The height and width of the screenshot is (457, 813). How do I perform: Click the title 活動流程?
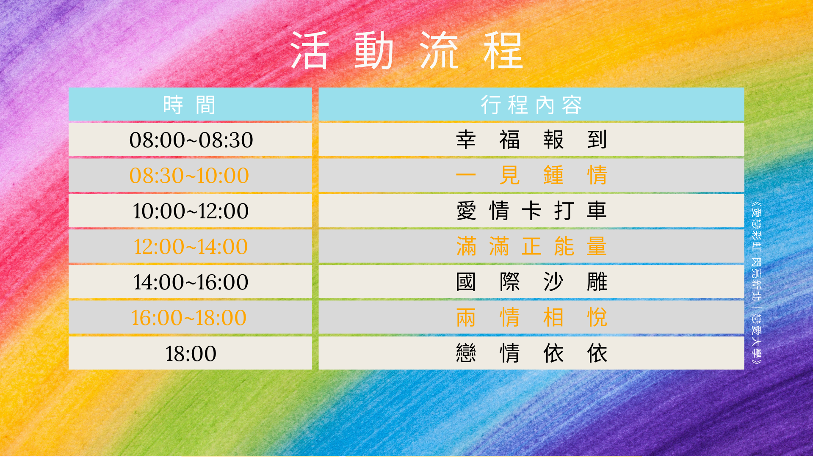407,50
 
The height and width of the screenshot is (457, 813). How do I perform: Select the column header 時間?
190,105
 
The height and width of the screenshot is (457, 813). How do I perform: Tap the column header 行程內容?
531,105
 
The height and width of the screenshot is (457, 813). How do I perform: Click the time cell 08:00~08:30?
191,140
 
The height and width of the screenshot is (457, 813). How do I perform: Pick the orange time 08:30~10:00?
189,176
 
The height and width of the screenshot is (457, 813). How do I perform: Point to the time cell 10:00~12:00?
191,211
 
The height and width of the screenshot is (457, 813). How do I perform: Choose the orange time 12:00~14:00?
191,247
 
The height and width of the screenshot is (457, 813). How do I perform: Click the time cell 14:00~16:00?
191,282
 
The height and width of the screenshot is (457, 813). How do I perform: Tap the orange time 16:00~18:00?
189,318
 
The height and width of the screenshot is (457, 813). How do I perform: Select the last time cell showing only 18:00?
191,354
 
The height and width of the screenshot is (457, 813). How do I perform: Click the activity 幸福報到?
531,140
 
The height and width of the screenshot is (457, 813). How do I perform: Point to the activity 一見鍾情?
531,175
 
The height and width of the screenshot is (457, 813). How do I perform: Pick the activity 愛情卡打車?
531,211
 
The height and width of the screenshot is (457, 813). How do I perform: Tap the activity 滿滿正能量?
531,246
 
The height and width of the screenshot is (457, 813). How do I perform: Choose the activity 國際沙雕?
531,282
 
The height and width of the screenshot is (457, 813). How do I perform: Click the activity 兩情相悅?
531,317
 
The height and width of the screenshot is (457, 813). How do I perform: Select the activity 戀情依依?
531,353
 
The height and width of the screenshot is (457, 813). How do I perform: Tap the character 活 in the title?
310,50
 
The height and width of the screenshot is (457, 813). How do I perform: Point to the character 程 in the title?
504,50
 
